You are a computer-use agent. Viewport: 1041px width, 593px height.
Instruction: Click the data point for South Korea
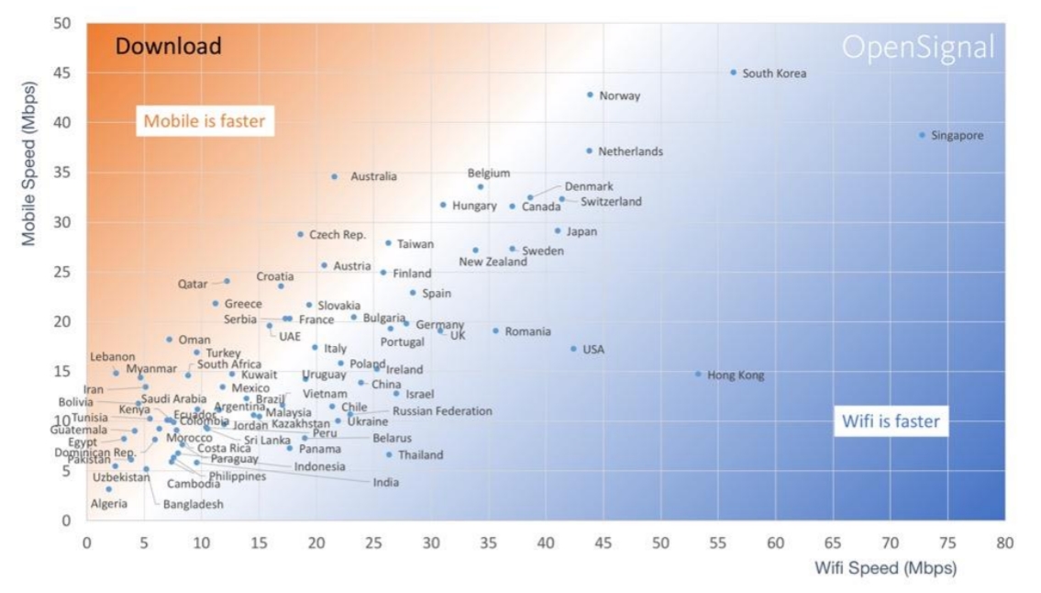point(733,72)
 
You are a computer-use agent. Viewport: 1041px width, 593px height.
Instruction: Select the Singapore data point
point(923,135)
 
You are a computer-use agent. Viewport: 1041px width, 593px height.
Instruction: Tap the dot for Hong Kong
point(698,374)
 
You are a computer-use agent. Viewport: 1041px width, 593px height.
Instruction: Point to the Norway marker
point(590,95)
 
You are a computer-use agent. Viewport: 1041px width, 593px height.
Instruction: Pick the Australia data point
point(334,176)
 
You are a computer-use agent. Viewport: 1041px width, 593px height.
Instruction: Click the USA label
point(593,350)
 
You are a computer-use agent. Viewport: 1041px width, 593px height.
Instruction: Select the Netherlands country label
point(630,151)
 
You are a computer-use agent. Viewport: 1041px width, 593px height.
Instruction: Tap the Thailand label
point(420,455)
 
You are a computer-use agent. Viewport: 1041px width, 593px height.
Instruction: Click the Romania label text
point(527,331)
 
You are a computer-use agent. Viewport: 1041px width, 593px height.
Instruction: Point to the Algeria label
point(109,504)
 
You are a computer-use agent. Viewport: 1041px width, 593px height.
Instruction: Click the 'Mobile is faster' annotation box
point(204,120)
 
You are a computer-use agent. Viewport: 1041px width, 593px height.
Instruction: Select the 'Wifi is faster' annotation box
point(891,422)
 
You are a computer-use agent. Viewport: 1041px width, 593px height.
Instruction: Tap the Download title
point(168,46)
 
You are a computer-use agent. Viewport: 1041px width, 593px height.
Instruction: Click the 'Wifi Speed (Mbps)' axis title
point(885,568)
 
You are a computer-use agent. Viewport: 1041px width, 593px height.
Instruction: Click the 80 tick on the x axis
point(1004,543)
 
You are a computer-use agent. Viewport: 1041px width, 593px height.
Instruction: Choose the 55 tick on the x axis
point(718,543)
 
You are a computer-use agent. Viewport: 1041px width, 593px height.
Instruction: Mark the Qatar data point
point(227,281)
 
